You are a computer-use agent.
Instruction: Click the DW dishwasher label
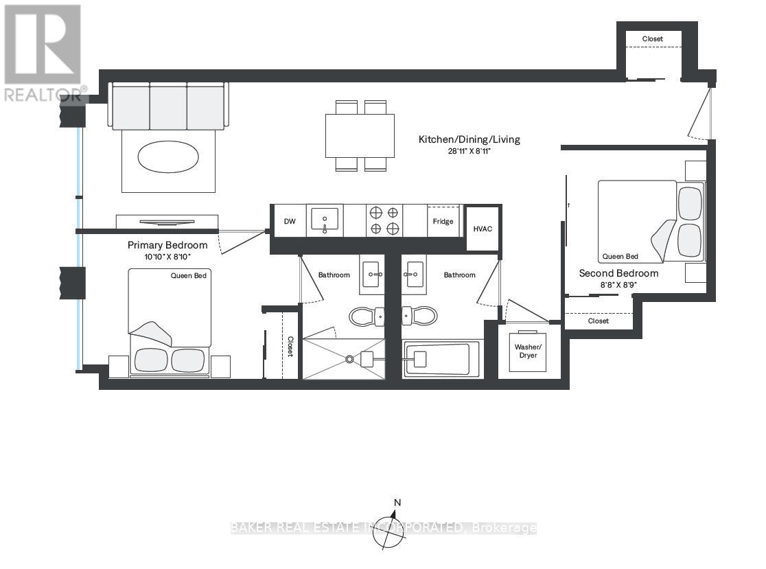pyautogui.click(x=289, y=221)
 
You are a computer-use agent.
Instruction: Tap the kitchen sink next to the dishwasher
pyautogui.click(x=325, y=220)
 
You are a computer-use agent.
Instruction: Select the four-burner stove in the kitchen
pyautogui.click(x=384, y=220)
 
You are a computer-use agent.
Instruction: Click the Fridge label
pyautogui.click(x=443, y=221)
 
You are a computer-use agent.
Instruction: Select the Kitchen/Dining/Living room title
pyautogui.click(x=469, y=139)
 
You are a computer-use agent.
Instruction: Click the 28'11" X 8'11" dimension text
pyautogui.click(x=469, y=151)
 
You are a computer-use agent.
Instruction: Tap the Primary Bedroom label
pyautogui.click(x=167, y=245)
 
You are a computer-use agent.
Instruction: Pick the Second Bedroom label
pyautogui.click(x=618, y=273)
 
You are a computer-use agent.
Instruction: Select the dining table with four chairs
pyautogui.click(x=360, y=135)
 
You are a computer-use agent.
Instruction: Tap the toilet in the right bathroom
pyautogui.click(x=419, y=316)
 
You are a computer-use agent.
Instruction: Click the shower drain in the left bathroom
pyautogui.click(x=350, y=358)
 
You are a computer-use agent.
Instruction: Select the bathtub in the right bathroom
pyautogui.click(x=437, y=358)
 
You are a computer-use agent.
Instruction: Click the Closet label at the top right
pyautogui.click(x=652, y=39)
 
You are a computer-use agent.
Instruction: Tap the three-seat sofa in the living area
pyautogui.click(x=168, y=106)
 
